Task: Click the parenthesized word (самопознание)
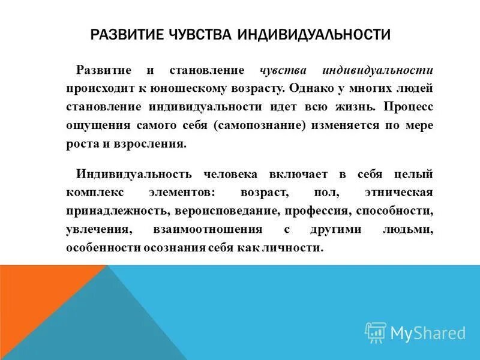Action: pyautogui.click(x=271, y=126)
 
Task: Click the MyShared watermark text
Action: pyautogui.click(x=428, y=332)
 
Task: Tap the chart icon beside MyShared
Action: pyautogui.click(x=376, y=332)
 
